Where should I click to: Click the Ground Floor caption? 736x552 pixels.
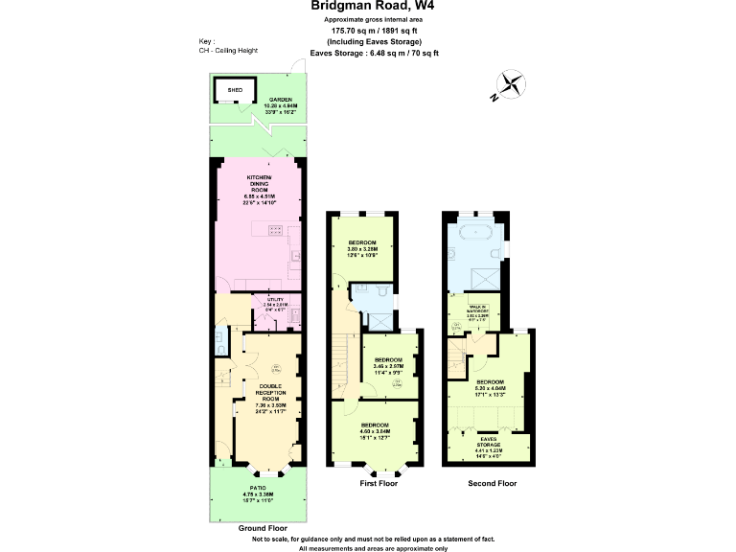click(x=262, y=528)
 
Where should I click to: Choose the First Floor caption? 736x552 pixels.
click(x=377, y=484)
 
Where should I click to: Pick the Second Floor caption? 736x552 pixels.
click(x=492, y=484)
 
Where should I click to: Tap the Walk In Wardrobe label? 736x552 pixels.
click(x=490, y=311)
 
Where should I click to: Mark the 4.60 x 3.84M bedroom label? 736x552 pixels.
click(x=376, y=430)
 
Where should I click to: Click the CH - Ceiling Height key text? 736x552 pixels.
click(x=228, y=51)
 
